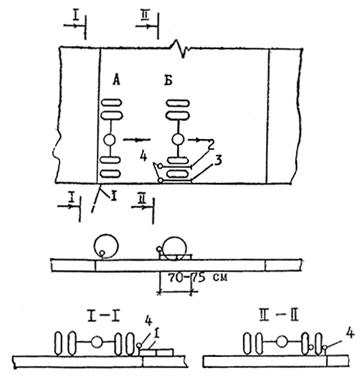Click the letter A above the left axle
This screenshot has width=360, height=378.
click(116, 80)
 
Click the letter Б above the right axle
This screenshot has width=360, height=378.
click(169, 80)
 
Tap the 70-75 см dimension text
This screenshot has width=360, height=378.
click(198, 277)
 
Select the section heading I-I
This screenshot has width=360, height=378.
click(103, 317)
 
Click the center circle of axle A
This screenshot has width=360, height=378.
click(110, 140)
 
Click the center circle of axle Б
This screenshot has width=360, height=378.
click(179, 140)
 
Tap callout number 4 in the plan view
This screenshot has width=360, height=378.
click(143, 157)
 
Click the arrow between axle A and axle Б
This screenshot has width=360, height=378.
click(137, 140)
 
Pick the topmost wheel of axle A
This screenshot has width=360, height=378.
click(112, 104)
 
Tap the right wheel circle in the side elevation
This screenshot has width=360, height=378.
click(175, 248)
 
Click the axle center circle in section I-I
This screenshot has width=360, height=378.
click(97, 342)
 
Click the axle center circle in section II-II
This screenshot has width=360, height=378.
click(282, 342)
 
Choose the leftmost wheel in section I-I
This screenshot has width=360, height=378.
click(59, 343)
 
